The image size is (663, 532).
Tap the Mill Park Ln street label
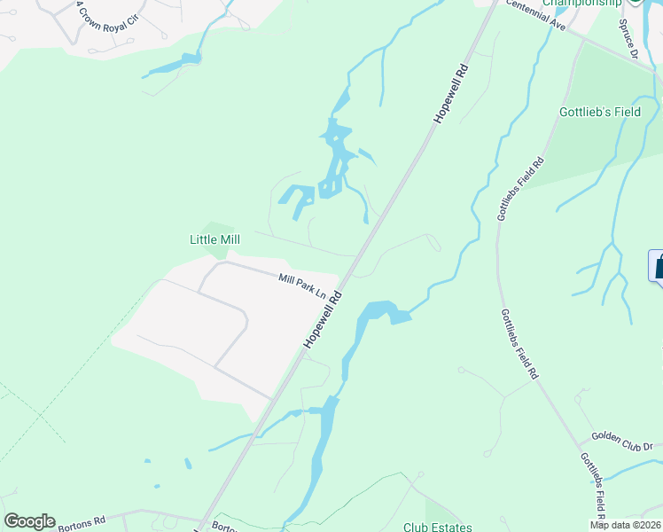[x=302, y=285]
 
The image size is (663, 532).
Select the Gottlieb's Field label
[x=599, y=113]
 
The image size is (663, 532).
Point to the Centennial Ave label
[x=535, y=17]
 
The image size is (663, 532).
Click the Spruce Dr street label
[x=629, y=38]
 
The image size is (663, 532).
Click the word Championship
[x=581, y=4]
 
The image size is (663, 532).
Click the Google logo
[x=29, y=521]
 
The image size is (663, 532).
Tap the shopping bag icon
[x=659, y=266]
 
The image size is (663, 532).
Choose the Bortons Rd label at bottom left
[x=82, y=523]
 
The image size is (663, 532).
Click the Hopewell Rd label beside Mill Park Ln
[x=323, y=320]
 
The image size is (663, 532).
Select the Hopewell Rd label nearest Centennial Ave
[x=450, y=92]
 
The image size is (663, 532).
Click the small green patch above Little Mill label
[x=215, y=228]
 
